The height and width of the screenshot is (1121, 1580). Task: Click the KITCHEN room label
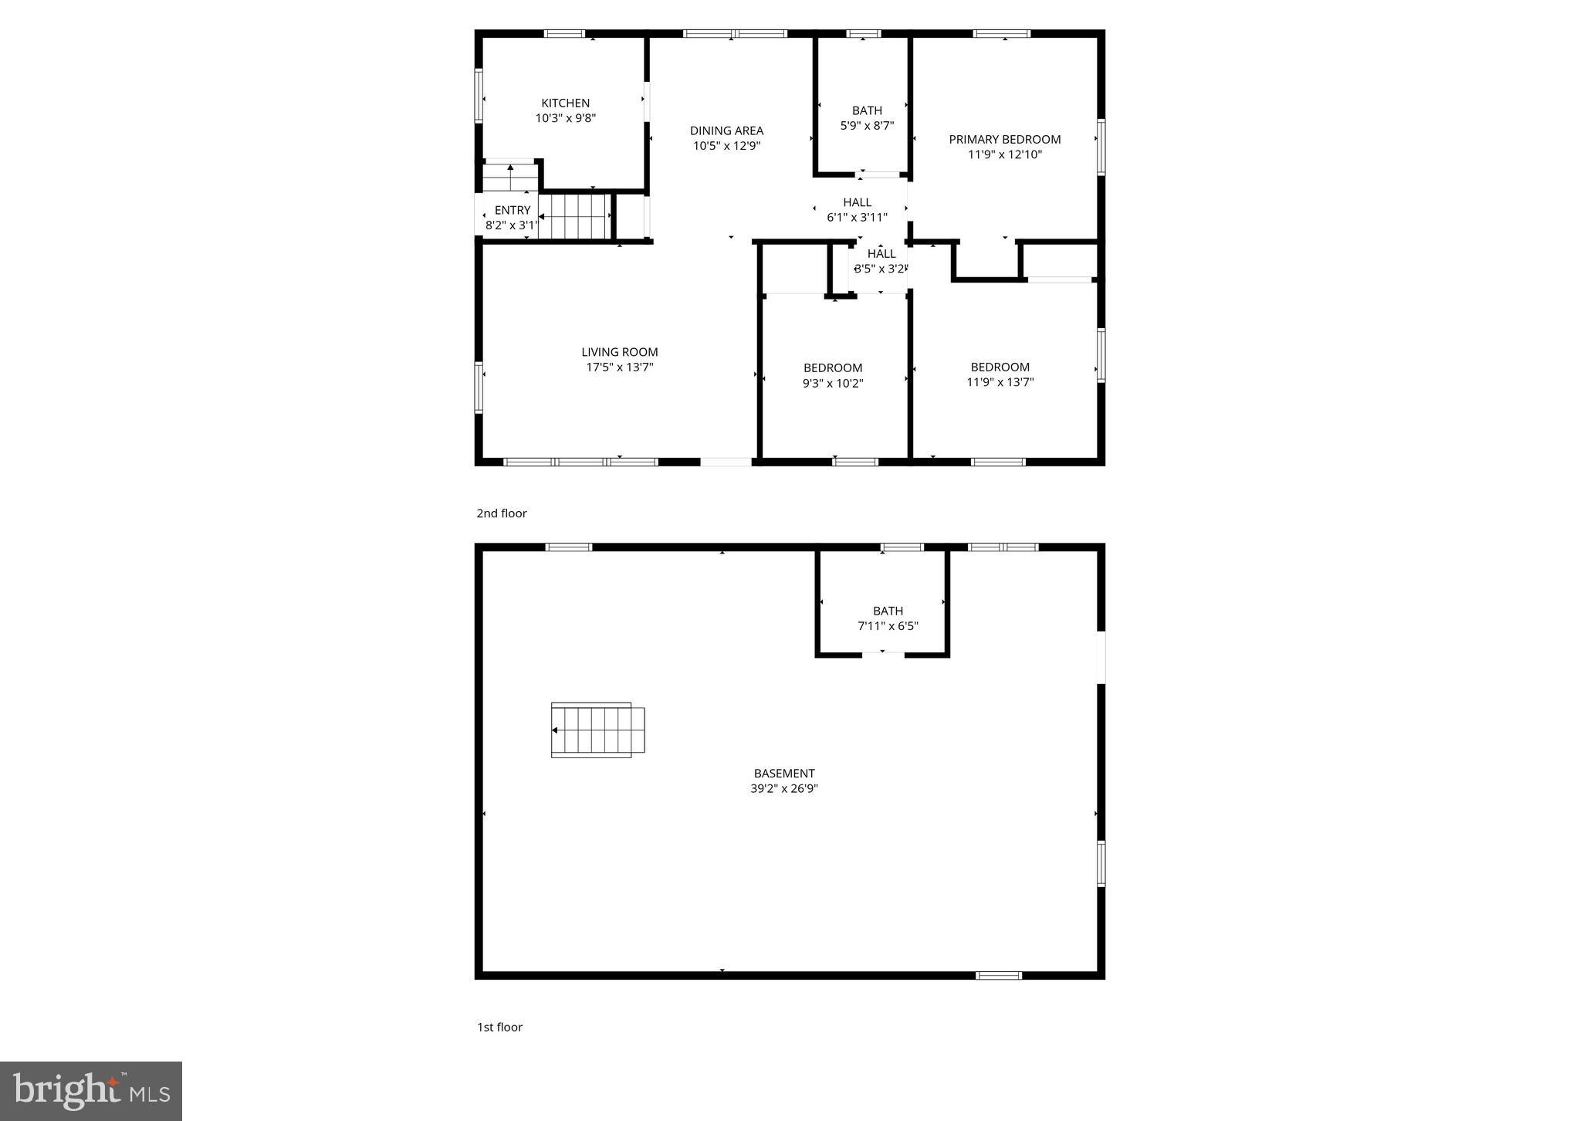(565, 103)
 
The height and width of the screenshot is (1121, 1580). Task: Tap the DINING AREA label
(726, 130)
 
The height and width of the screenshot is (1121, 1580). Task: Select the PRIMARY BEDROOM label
(1004, 139)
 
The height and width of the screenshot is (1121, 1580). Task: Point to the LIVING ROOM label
(619, 352)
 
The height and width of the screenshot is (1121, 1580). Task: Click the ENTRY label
(513, 210)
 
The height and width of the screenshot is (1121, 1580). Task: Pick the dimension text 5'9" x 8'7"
(867, 125)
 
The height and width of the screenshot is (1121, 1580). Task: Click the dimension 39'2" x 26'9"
(783, 788)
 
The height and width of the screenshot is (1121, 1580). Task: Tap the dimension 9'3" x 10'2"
(832, 383)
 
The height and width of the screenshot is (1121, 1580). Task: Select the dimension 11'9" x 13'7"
(1000, 381)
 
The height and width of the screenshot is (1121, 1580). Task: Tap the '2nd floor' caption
(501, 513)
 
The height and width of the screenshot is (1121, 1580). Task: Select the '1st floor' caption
(499, 1027)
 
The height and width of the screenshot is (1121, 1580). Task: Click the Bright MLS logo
(91, 1091)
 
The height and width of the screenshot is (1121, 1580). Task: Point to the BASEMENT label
(783, 773)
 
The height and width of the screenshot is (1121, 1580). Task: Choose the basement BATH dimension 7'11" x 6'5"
(888, 626)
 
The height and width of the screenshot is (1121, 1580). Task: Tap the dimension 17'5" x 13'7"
(619, 367)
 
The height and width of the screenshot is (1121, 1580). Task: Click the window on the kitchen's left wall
(479, 96)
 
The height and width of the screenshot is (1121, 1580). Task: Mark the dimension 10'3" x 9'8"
(565, 118)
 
